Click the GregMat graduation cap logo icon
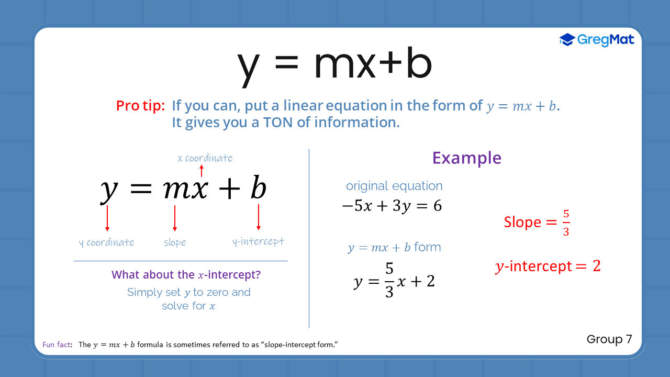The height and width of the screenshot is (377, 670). tap(567, 40)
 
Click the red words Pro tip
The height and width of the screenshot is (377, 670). tap(140, 106)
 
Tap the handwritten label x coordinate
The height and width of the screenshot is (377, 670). tap(205, 158)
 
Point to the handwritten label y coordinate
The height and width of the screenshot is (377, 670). tap(107, 242)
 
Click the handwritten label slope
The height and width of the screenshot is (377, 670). tap(175, 242)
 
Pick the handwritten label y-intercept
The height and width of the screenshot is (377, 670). tap(259, 241)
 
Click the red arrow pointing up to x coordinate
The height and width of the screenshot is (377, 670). tap(202, 171)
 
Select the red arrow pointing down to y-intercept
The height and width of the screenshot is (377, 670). tap(258, 217)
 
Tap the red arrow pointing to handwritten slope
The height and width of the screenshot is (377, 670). tap(175, 218)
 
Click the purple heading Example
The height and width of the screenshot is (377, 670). tap(466, 158)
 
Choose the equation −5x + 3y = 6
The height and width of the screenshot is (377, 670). tap(392, 206)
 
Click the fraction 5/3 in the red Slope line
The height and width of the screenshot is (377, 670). tap(566, 223)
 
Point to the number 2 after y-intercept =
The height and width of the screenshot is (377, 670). tap(596, 266)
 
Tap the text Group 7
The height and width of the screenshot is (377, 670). tap(609, 339)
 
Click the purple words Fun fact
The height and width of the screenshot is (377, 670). tap(57, 345)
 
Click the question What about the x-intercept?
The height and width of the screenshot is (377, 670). tap(186, 274)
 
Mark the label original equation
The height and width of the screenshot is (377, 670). tap(394, 186)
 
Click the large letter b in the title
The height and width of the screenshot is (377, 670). tap(412, 64)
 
